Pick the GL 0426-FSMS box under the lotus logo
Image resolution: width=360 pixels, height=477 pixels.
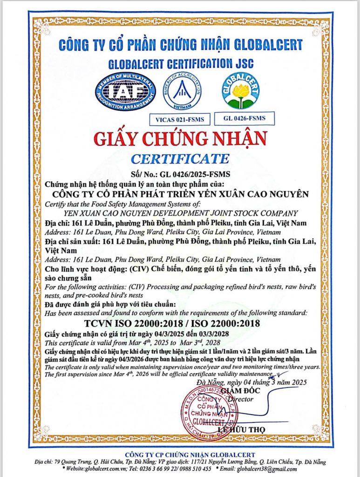pyautogui.click(x=244, y=118)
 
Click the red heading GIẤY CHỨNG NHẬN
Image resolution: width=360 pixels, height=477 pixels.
pyautogui.click(x=180, y=139)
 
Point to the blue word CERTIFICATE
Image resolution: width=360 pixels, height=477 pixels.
pyautogui.click(x=180, y=158)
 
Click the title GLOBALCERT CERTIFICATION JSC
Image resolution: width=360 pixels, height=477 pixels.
pyautogui.click(x=180, y=63)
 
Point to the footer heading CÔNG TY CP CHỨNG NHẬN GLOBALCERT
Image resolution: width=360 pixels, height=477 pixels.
pyautogui.click(x=180, y=455)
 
